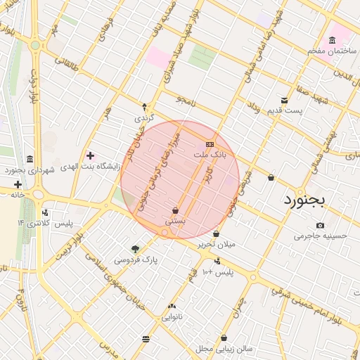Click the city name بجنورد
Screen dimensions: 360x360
[x=306, y=200]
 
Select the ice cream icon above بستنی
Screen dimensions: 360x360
[x=175, y=210]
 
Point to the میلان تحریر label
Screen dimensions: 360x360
[x=216, y=244]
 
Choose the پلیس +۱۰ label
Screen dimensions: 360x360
[x=217, y=271]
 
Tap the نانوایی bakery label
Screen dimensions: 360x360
[x=172, y=317]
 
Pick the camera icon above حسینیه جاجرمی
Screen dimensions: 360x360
[x=320, y=225]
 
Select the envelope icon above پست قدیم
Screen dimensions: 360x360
[x=284, y=100]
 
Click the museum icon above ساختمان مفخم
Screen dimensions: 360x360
[x=332, y=40]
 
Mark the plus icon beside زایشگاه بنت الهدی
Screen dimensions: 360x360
[x=90, y=155]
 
